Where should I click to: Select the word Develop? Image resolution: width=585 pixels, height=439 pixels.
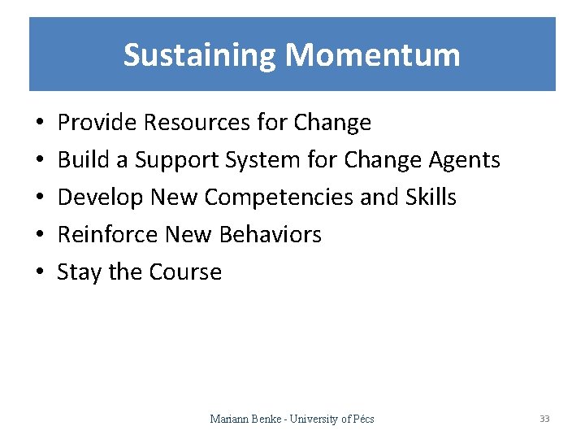(98, 198)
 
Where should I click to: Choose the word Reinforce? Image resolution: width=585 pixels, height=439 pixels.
(108, 235)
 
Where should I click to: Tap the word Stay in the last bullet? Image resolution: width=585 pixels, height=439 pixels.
(79, 272)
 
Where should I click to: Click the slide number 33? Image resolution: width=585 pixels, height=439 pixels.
(544, 419)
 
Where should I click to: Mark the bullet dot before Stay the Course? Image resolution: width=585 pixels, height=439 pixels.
(40, 272)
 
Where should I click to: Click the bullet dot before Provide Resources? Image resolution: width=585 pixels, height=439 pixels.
(40, 124)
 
